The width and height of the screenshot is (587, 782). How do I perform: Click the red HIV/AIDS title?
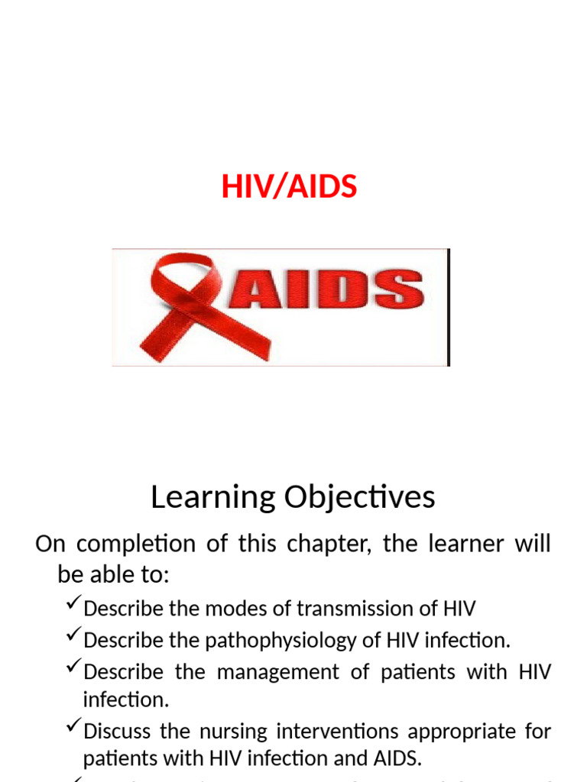pos(289,186)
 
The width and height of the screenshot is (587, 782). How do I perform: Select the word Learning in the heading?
pos(213,498)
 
